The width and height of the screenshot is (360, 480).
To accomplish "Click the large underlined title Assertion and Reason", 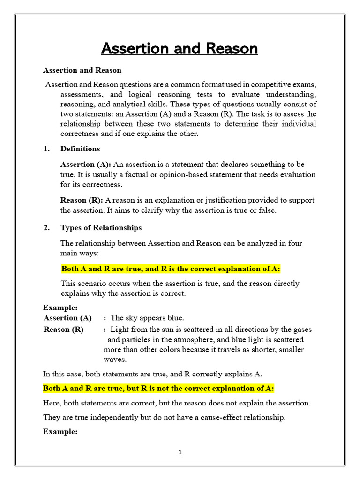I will click(180, 49).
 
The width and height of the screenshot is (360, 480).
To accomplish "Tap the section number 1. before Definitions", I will click(46, 149).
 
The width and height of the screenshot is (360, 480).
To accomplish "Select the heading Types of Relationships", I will click(101, 228).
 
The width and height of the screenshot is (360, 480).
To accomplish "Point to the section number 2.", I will click(46, 228).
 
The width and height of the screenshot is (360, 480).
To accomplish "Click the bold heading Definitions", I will click(80, 149).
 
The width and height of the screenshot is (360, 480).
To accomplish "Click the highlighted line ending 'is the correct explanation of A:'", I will click(171, 269).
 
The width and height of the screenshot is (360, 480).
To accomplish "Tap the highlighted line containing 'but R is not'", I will click(158, 389).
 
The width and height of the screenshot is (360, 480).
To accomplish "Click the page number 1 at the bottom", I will click(180, 452).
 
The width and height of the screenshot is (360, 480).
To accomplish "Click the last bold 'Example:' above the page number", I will click(60, 432).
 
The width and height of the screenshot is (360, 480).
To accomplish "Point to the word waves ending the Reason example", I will click(114, 360).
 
